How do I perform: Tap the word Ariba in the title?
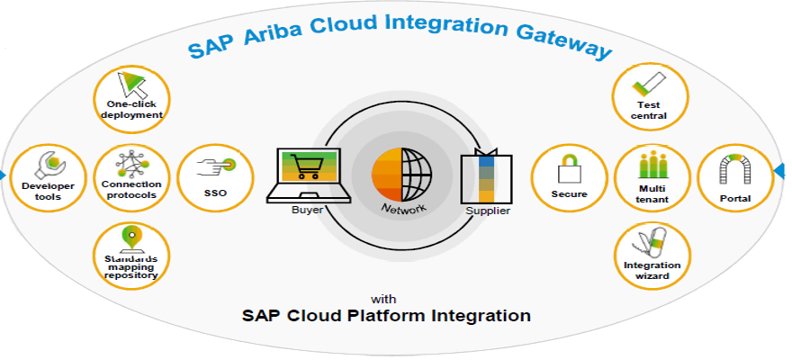pos(272,33)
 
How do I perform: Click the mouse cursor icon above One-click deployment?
pos(131,85)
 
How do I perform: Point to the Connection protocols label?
pos(131,189)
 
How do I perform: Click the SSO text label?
pos(216,193)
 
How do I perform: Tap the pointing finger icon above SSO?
pos(216,165)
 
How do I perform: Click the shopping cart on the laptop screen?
pos(307,166)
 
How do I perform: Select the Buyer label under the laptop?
pos(307,210)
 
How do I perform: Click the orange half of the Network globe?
pos(386,175)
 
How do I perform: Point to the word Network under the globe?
pos(403,207)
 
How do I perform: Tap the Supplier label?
pos(488,211)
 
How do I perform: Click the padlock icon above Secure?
pos(569,168)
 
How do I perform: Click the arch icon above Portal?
pos(734,168)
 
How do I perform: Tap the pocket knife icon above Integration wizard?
pos(651,243)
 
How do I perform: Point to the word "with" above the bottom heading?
pos(387,299)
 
